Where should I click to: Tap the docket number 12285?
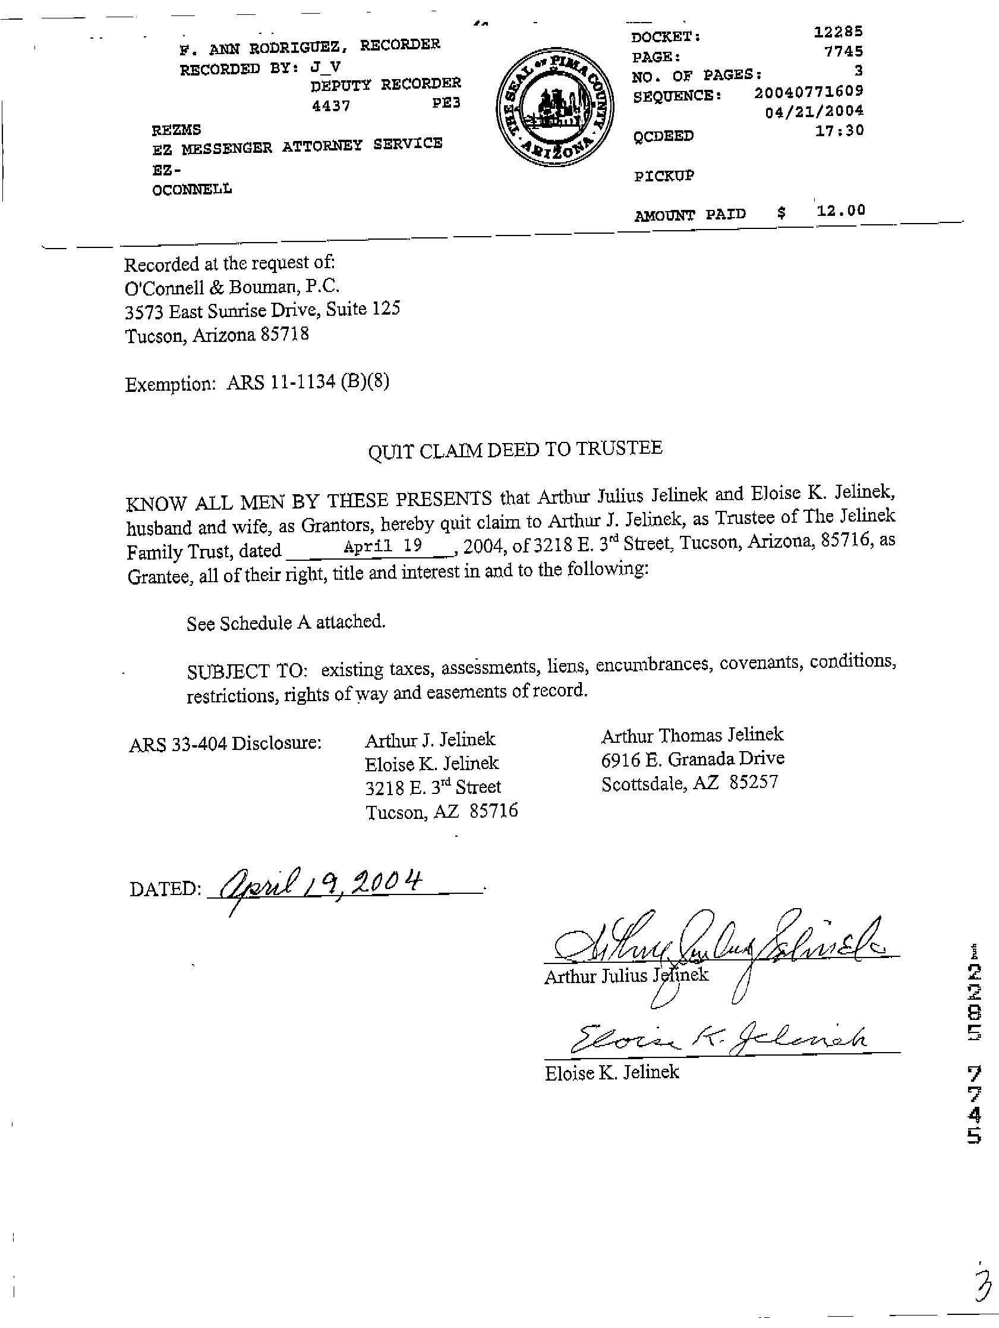click(838, 32)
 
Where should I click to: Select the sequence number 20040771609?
click(808, 91)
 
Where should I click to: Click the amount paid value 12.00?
click(840, 210)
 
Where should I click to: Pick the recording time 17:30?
click(839, 130)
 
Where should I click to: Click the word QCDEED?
click(663, 136)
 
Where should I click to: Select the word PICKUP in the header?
click(664, 176)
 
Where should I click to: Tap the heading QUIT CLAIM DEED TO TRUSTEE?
click(515, 449)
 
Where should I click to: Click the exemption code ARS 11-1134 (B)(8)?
click(307, 382)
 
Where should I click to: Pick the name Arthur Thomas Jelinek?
click(692, 734)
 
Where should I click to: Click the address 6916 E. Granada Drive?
click(692, 759)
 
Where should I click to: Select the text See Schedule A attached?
click(286, 623)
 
